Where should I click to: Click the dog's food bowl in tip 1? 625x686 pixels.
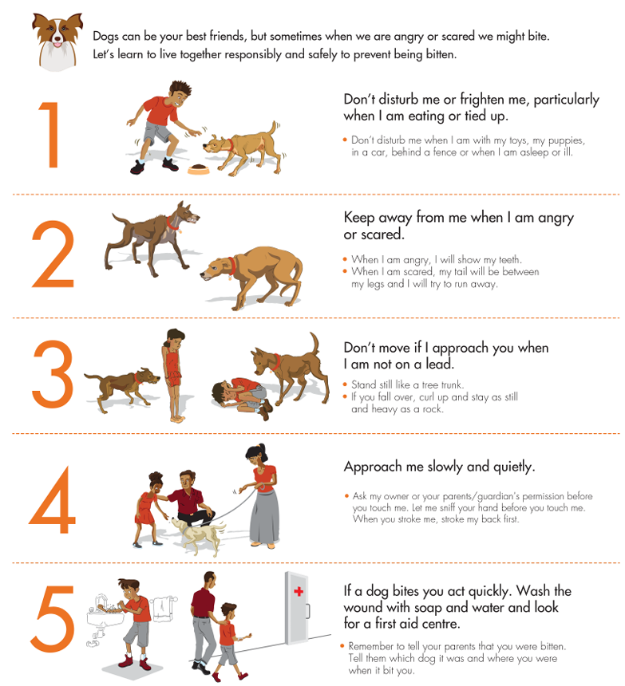tap(198, 169)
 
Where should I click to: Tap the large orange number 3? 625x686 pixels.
tap(53, 374)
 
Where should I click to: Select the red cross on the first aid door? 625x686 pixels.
tap(299, 592)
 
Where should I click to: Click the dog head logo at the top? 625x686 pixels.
tap(57, 41)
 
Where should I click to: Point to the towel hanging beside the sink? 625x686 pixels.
tap(162, 609)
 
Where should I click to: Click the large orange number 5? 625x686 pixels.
tap(53, 618)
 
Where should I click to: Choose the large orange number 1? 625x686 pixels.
tap(50, 134)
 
